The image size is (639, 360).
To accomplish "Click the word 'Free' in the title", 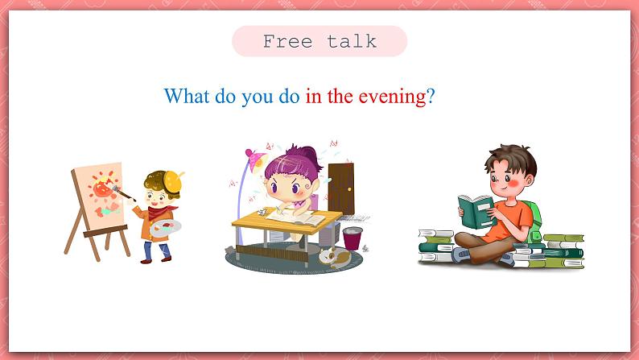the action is pyautogui.click(x=288, y=41).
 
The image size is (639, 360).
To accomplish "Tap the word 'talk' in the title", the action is pyautogui.click(x=352, y=41).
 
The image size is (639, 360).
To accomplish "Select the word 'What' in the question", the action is pyautogui.click(x=187, y=96).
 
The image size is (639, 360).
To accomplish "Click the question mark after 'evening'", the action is pyautogui.click(x=431, y=97).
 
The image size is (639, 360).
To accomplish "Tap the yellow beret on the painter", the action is pyautogui.click(x=173, y=181).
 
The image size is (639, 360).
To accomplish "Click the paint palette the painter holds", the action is pyautogui.click(x=165, y=228).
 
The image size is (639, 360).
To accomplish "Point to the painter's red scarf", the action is pyautogui.click(x=159, y=213).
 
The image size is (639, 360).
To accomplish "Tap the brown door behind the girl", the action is pyautogui.click(x=341, y=188).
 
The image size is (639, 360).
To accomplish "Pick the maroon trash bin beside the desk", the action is pyautogui.click(x=352, y=238).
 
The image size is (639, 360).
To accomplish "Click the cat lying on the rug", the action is pyautogui.click(x=334, y=258).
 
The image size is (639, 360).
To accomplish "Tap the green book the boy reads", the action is pyautogui.click(x=476, y=212).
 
